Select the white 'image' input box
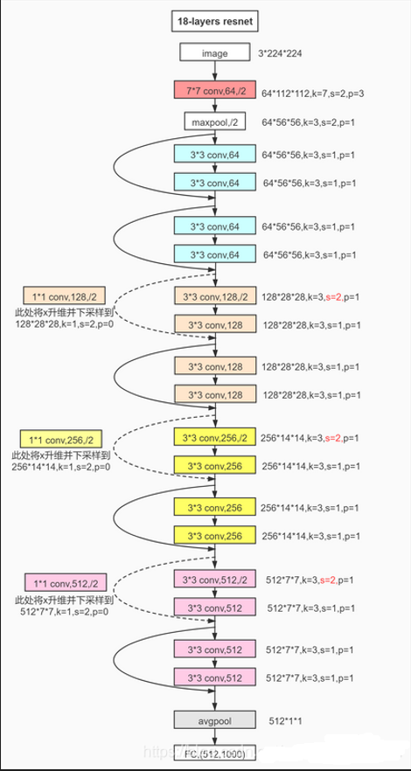click(214, 53)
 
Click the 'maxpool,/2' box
click(214, 121)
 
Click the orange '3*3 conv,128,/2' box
click(214, 296)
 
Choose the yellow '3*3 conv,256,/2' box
click(214, 438)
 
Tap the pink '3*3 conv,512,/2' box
click(214, 578)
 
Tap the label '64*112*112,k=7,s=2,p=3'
click(314, 88)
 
